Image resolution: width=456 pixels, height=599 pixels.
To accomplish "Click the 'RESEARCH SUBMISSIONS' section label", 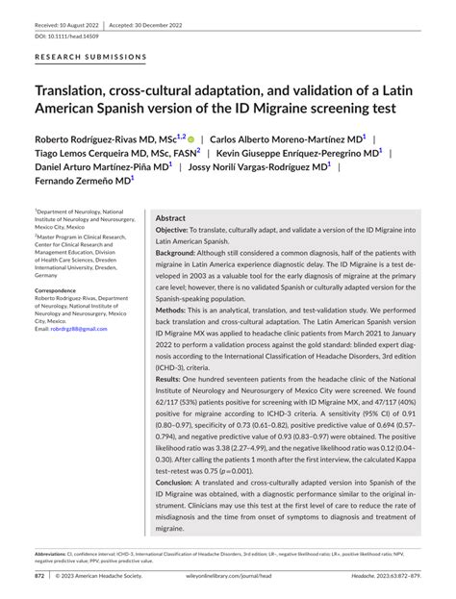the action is [90, 57].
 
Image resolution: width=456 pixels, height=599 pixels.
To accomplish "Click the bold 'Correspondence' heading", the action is [57, 289].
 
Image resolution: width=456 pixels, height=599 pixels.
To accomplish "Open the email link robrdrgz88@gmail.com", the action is [80, 329].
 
